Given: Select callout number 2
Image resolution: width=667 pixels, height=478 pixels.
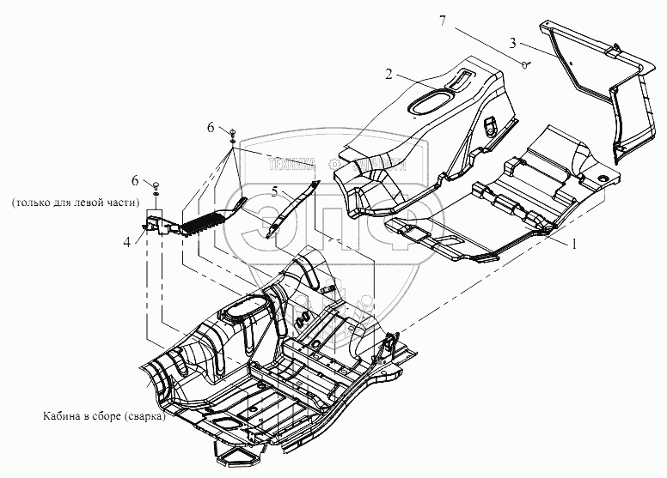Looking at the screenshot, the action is pos(389,76).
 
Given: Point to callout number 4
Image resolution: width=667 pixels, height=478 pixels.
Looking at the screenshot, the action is pos(128,243).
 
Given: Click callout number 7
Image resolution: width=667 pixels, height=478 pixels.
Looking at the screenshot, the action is pos(443,21).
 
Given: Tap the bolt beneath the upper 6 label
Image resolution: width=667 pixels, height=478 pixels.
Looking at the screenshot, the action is pos(234,132).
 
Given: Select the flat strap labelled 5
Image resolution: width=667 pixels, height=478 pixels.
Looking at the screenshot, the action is pos(291,207).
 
